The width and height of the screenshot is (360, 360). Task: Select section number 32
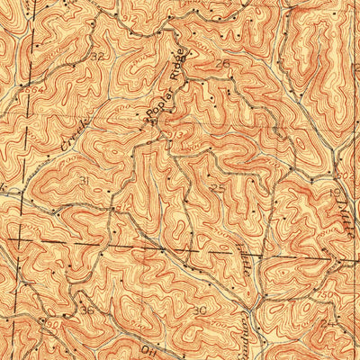point(98,56)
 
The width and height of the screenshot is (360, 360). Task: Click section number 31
point(84,180)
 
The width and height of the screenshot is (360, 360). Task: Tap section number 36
point(87,310)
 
